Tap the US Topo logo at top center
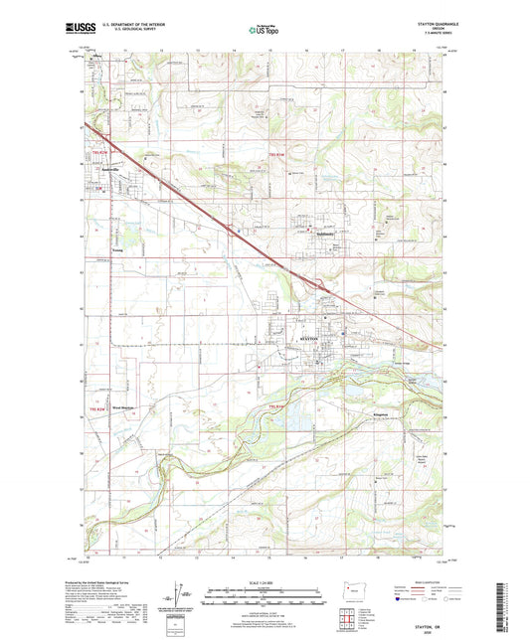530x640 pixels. click(263, 32)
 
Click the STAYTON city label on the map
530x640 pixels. click(308, 340)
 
